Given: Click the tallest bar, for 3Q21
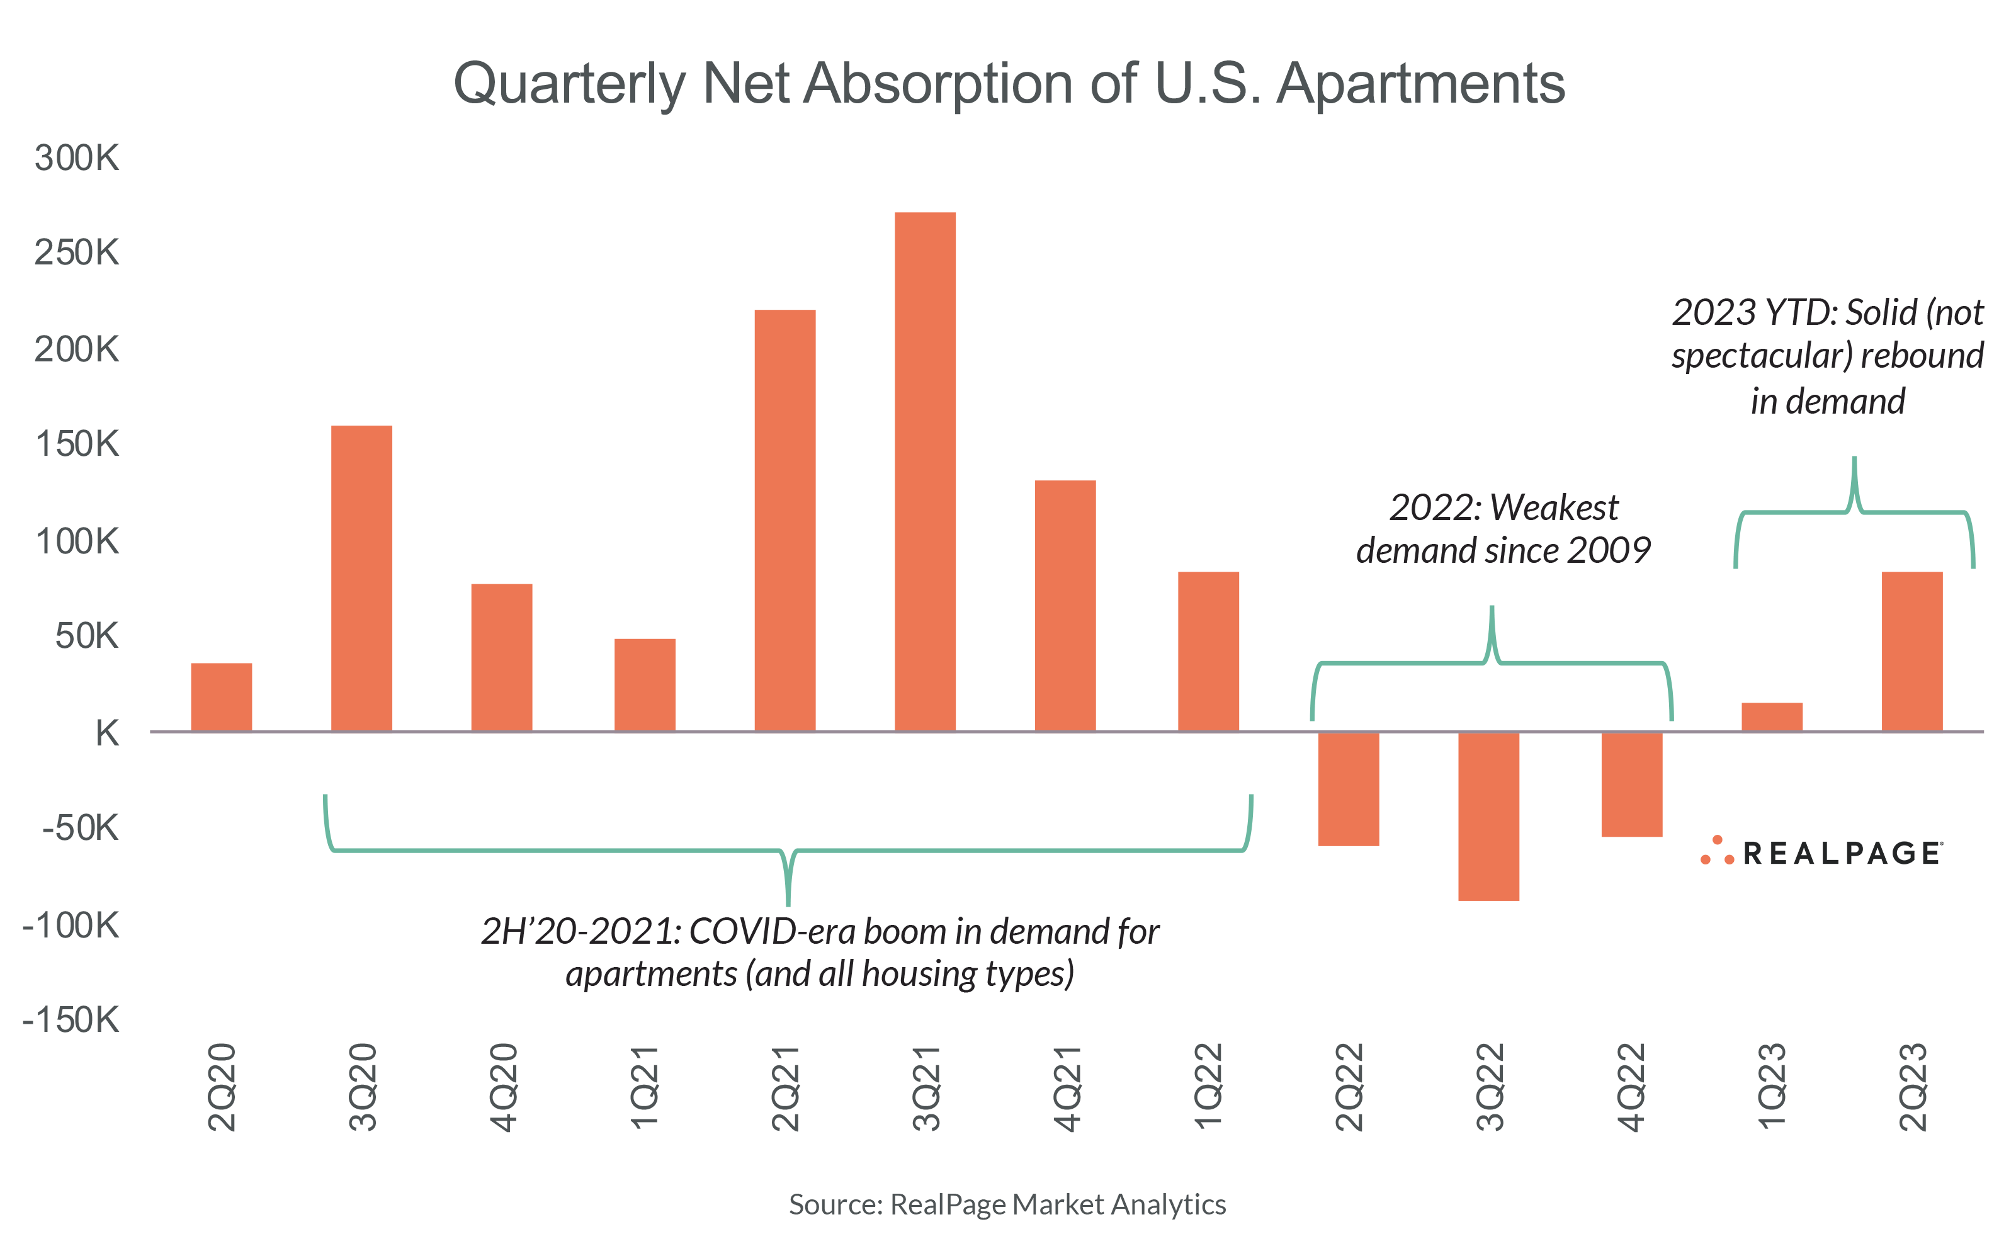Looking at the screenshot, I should (925, 472).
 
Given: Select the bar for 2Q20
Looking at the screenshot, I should (221, 698).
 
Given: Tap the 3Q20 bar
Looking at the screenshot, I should (361, 579).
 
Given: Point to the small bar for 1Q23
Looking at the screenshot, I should (1771, 717).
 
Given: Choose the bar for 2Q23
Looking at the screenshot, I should (1911, 652).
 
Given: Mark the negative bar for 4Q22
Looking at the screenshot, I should (1631, 784).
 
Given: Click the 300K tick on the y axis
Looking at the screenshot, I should (77, 157).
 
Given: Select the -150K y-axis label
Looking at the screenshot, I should (71, 1020).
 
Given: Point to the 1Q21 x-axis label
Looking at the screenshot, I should (643, 1087).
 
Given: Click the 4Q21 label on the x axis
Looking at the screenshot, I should (1067, 1087).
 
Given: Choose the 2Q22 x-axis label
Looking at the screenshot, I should (1349, 1087).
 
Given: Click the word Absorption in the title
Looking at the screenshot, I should (938, 84).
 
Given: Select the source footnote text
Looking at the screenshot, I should (1007, 1204).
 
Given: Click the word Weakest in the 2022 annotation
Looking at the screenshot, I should (1554, 507).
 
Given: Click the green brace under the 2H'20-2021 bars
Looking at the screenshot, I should (788, 852).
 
